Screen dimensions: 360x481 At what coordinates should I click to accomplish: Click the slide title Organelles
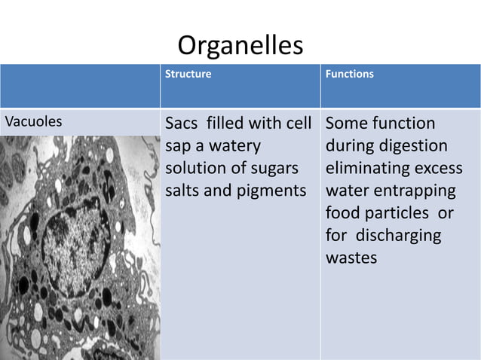[240, 47]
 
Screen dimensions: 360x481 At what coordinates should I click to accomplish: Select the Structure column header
[188, 75]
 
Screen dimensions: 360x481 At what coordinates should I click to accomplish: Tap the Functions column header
[349, 75]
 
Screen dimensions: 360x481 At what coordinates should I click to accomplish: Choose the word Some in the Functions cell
[347, 123]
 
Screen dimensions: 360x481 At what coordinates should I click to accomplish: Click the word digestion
[410, 145]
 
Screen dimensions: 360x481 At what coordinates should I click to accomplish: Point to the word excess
[439, 167]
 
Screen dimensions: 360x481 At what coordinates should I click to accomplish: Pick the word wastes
[351, 258]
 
